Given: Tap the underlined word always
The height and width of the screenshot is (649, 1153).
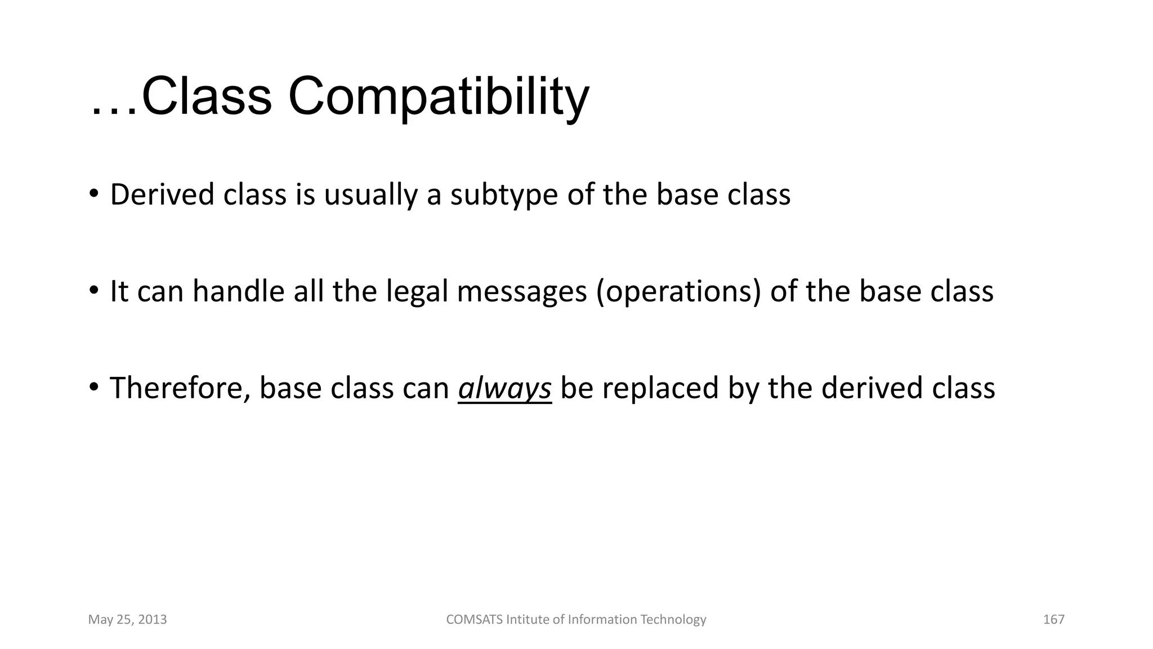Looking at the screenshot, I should point(504,389).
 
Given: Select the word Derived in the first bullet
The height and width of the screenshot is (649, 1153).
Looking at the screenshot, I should point(162,195).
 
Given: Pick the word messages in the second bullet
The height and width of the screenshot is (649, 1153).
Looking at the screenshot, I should point(522,292).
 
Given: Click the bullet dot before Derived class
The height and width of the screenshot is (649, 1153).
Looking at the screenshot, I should point(93,194).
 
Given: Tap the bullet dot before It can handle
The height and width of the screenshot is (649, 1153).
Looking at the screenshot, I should point(93,291).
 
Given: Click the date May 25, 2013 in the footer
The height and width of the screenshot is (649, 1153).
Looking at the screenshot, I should point(127,620).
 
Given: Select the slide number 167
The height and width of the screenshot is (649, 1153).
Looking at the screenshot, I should point(1053,620).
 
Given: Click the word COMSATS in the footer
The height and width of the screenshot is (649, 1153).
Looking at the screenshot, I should point(474,620).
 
